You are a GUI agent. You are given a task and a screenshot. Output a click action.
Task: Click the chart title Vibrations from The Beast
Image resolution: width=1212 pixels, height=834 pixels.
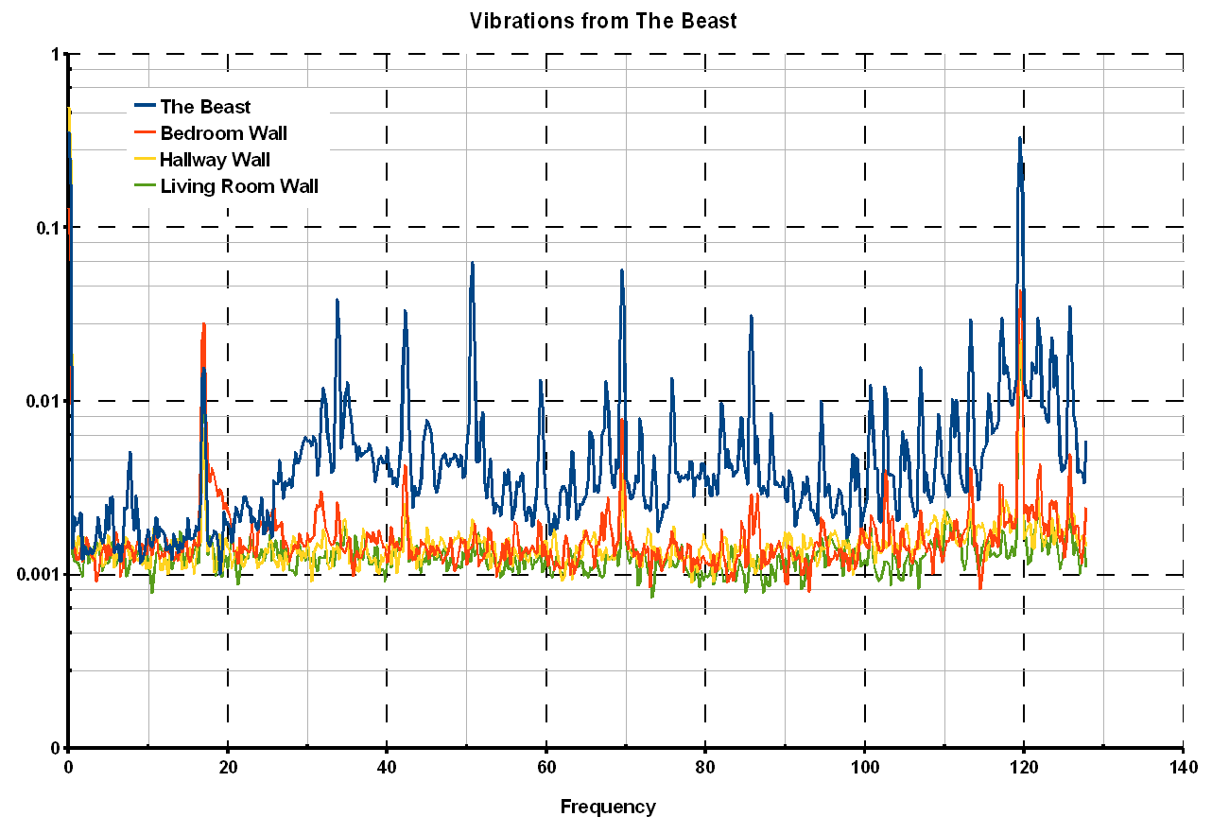pyautogui.click(x=603, y=21)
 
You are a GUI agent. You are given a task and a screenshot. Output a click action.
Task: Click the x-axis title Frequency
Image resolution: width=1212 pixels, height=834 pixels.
pyautogui.click(x=607, y=807)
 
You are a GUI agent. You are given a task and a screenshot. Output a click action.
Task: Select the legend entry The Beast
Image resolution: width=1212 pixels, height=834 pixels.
pyautogui.click(x=205, y=107)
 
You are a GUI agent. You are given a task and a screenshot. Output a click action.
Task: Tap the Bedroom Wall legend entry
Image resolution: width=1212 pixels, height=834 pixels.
pyautogui.click(x=223, y=133)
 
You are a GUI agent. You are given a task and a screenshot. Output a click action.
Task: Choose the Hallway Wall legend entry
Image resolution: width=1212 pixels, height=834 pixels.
pyautogui.click(x=215, y=160)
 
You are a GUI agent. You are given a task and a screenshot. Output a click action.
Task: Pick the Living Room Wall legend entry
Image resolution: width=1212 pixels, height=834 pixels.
pyautogui.click(x=238, y=186)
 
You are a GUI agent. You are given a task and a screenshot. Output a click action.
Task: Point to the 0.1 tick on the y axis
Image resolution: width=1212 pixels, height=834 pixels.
pyautogui.click(x=46, y=228)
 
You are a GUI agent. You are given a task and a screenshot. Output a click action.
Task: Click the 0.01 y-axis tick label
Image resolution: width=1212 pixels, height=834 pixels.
pyautogui.click(x=42, y=401)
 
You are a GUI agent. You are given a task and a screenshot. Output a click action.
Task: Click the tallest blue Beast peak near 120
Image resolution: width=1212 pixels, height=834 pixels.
pyautogui.click(x=1019, y=138)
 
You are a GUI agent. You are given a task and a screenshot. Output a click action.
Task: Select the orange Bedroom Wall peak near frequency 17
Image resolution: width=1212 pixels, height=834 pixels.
pyautogui.click(x=203, y=324)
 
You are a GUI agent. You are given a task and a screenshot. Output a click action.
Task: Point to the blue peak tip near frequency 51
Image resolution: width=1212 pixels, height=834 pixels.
pyautogui.click(x=472, y=263)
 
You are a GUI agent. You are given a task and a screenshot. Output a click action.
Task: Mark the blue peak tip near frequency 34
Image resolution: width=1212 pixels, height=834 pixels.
pyautogui.click(x=337, y=300)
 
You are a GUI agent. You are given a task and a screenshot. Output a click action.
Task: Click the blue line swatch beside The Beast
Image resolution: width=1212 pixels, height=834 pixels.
pyautogui.click(x=146, y=107)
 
